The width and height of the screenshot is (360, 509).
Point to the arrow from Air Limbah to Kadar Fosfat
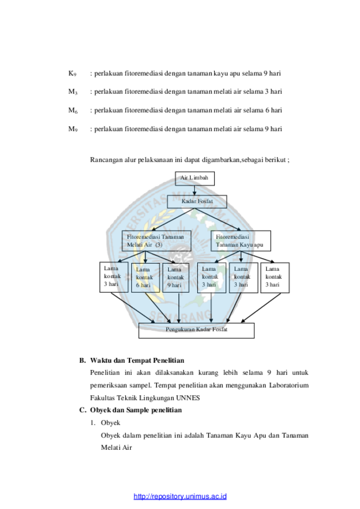(x=194, y=190)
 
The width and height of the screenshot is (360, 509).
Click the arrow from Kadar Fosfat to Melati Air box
(x=173, y=219)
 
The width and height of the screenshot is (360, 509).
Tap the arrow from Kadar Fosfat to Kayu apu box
(x=218, y=219)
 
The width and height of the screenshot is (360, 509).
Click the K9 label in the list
(x=73, y=74)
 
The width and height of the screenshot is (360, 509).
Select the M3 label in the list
(x=73, y=92)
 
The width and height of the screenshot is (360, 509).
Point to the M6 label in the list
(x=73, y=110)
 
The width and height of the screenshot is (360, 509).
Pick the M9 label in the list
(x=73, y=129)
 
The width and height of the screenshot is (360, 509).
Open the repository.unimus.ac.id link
(x=180, y=496)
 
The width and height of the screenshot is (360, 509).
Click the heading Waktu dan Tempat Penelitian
(x=137, y=361)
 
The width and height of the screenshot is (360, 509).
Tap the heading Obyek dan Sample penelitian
(x=136, y=410)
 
